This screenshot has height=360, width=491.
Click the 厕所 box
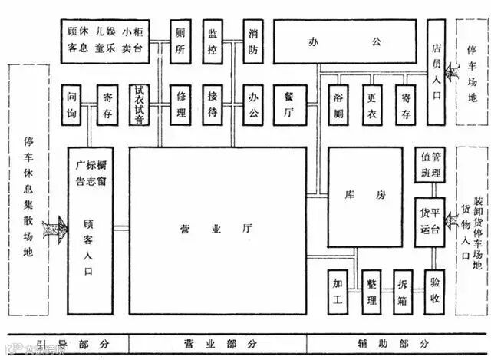pyautogui.click(x=181, y=41)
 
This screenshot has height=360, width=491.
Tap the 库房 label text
pyautogui.click(x=365, y=196)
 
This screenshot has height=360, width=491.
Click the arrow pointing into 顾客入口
pyautogui.click(x=56, y=227)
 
